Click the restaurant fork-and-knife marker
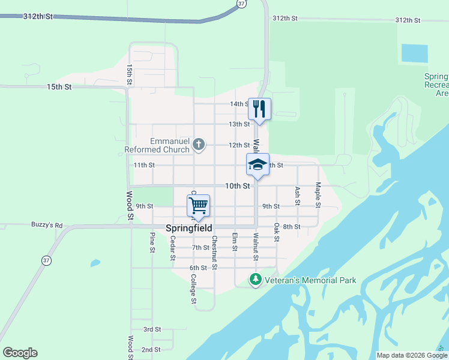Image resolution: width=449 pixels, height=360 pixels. click(x=259, y=109)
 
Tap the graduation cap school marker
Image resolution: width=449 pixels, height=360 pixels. click(x=258, y=165)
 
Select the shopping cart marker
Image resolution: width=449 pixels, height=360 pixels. click(x=198, y=206)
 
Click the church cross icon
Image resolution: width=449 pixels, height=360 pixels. click(x=199, y=144)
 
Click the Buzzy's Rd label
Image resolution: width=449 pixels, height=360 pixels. click(x=47, y=225)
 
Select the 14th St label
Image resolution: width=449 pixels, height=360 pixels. click(x=240, y=104)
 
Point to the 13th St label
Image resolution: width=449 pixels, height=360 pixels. click(x=239, y=124)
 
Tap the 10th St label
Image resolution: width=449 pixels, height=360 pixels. click(x=237, y=186)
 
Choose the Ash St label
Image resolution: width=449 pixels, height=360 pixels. click(x=297, y=196)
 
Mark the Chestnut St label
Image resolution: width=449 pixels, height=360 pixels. click(x=214, y=252)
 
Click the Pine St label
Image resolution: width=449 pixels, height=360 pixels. click(x=152, y=243)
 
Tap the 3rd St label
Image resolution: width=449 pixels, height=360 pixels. click(x=152, y=329)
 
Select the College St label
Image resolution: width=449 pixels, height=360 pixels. click(x=193, y=289)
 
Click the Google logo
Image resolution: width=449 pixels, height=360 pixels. click(x=20, y=353)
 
